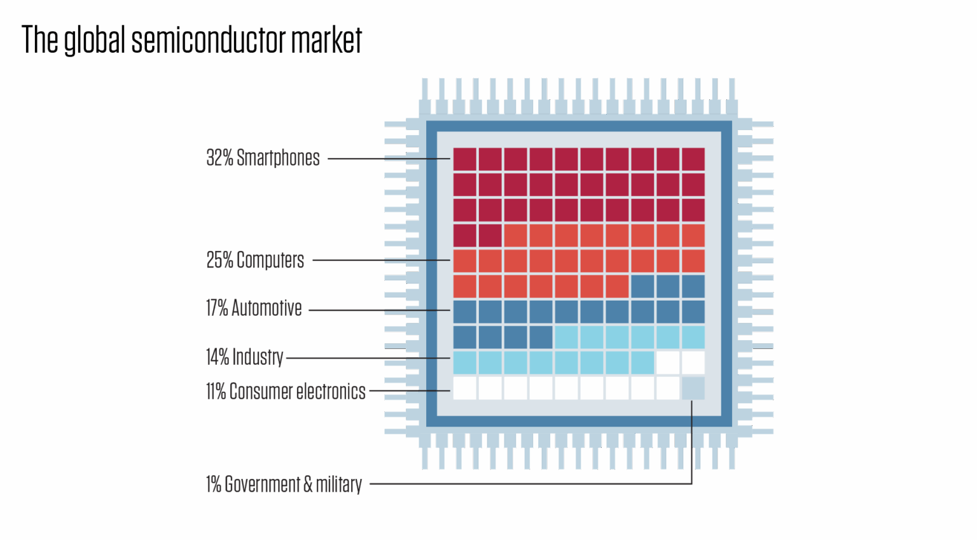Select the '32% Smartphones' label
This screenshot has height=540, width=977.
(x=263, y=158)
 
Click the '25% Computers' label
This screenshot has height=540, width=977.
(x=255, y=260)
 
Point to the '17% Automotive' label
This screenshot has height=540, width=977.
(x=253, y=308)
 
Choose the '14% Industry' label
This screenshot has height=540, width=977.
(x=244, y=357)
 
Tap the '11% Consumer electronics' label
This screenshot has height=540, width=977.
(x=286, y=391)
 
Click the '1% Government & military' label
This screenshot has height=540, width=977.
(x=284, y=484)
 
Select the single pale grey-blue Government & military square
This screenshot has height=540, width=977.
(x=693, y=388)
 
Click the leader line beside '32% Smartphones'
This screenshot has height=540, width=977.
(x=388, y=159)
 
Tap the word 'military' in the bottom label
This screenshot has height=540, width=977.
(x=339, y=484)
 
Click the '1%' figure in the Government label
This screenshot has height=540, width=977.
(x=213, y=484)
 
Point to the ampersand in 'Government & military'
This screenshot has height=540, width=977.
(x=308, y=484)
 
